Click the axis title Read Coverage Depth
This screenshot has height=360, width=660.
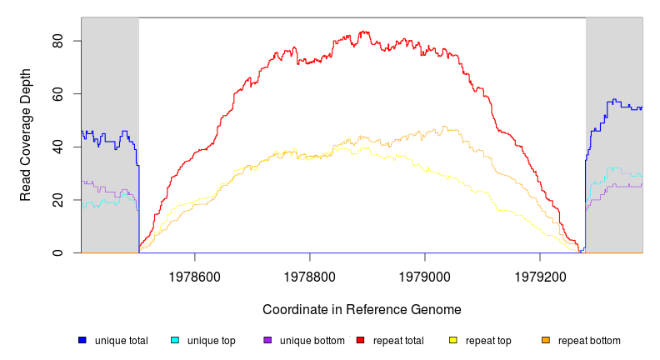click(26, 147)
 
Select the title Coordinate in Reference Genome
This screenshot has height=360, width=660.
click(362, 309)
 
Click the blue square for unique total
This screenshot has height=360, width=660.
click(82, 340)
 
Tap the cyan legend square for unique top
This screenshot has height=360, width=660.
click(175, 340)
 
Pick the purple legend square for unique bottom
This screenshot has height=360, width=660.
click(267, 340)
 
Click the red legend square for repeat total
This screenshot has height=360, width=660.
click(360, 340)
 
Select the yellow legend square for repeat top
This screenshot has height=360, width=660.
click(453, 340)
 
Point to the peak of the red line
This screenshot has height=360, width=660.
click(364, 32)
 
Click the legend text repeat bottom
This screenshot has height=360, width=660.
click(589, 341)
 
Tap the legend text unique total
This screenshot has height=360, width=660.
click(122, 341)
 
